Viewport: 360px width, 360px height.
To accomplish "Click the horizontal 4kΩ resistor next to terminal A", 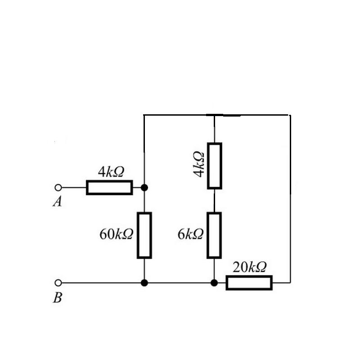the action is pos(109,188).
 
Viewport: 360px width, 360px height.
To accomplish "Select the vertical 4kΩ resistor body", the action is pos(215,166).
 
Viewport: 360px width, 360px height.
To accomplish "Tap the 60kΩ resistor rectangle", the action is pos(144,235).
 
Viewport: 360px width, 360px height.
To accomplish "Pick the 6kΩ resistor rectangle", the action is pos(214,235).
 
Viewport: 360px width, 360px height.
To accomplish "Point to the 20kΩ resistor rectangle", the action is pos(249,283).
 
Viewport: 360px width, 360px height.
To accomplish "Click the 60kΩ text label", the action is pos(116,234).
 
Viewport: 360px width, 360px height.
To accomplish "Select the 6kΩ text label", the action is pos(190,234).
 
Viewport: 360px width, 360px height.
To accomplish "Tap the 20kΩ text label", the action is pos(250,267).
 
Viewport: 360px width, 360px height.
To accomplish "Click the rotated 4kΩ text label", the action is pos(199,164).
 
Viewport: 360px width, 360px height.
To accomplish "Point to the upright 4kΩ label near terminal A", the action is pos(111,171).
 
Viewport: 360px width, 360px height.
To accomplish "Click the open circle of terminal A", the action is pos(58,188).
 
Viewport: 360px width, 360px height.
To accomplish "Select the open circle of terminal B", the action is pos(58,283).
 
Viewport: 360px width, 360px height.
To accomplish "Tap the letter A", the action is pos(58,202).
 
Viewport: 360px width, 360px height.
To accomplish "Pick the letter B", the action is pos(58,297).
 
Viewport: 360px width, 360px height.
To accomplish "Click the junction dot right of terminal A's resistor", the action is pos(144,188).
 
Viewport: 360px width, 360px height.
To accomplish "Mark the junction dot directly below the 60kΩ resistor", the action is pos(144,283).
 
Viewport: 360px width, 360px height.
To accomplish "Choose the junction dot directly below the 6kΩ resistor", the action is pos(214,283).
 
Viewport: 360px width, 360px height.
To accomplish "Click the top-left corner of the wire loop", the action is pos(144,115).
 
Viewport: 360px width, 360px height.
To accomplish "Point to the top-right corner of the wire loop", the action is pos(290,115).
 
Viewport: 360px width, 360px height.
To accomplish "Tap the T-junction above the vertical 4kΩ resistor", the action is pos(215,115).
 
